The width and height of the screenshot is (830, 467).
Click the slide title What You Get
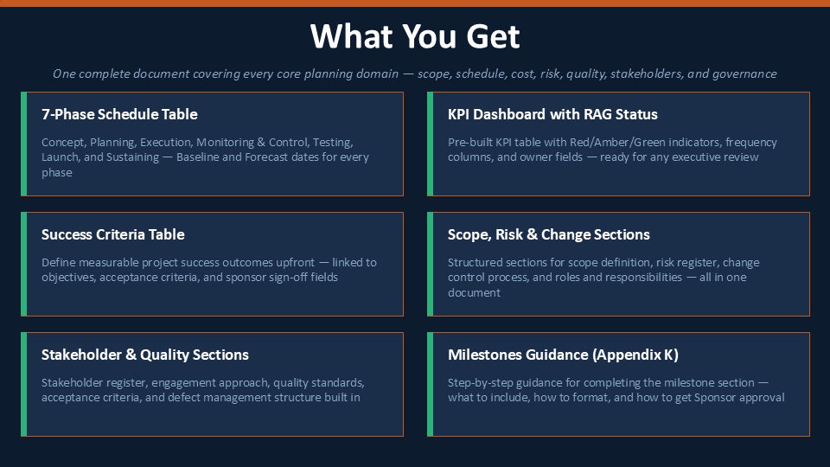415,36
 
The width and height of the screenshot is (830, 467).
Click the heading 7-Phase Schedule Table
119,114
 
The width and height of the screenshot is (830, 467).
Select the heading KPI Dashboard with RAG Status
552,114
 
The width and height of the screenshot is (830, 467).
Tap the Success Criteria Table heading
112,234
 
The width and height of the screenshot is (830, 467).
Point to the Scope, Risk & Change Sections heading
549,234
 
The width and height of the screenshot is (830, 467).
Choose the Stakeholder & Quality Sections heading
145,355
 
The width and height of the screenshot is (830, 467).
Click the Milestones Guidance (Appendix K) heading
563,355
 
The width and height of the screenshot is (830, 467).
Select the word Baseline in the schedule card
197,157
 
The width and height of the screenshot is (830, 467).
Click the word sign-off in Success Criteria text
289,278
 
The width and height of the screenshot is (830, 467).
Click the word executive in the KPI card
701,157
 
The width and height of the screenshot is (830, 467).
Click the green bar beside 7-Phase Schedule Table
24,144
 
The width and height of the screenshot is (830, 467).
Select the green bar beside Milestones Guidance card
431,384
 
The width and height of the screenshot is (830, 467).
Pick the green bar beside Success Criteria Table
24,265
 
